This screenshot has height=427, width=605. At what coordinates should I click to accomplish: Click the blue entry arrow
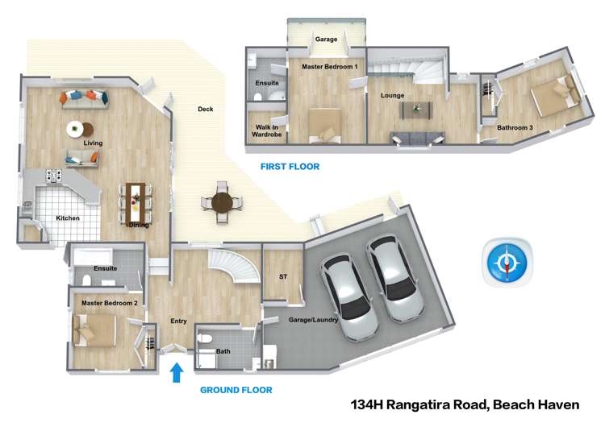[177, 373]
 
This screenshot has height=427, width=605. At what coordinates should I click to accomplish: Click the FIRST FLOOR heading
[290, 167]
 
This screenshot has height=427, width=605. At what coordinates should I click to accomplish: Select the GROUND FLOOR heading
[236, 390]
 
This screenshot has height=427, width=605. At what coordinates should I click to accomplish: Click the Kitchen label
[68, 218]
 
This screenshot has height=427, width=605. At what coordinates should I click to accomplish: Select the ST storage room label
[282, 276]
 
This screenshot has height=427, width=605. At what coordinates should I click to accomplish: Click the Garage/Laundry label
[311, 320]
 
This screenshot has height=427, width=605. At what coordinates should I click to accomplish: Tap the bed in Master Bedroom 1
[328, 126]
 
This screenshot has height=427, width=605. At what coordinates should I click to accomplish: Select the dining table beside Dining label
[135, 201]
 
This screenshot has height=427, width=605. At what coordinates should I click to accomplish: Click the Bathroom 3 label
[515, 127]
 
